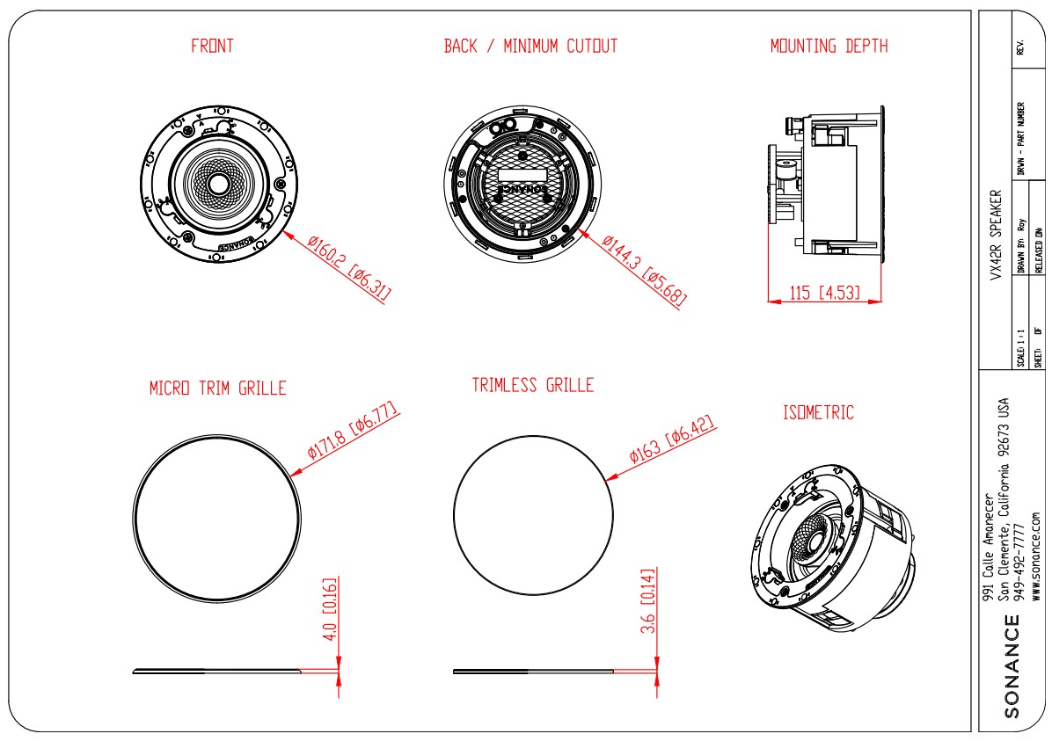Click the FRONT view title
[x=213, y=47]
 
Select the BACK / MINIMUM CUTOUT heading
[x=530, y=47]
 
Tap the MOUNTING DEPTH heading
[x=829, y=47]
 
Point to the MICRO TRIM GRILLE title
[x=218, y=388]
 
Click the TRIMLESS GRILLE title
[x=533, y=385]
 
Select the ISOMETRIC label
[x=818, y=412]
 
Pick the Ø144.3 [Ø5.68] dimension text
[x=645, y=269]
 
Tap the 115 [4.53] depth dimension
[x=824, y=292]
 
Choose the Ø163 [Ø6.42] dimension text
[x=673, y=439]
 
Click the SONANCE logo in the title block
[x=1012, y=666]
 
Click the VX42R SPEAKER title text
[x=996, y=234]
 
